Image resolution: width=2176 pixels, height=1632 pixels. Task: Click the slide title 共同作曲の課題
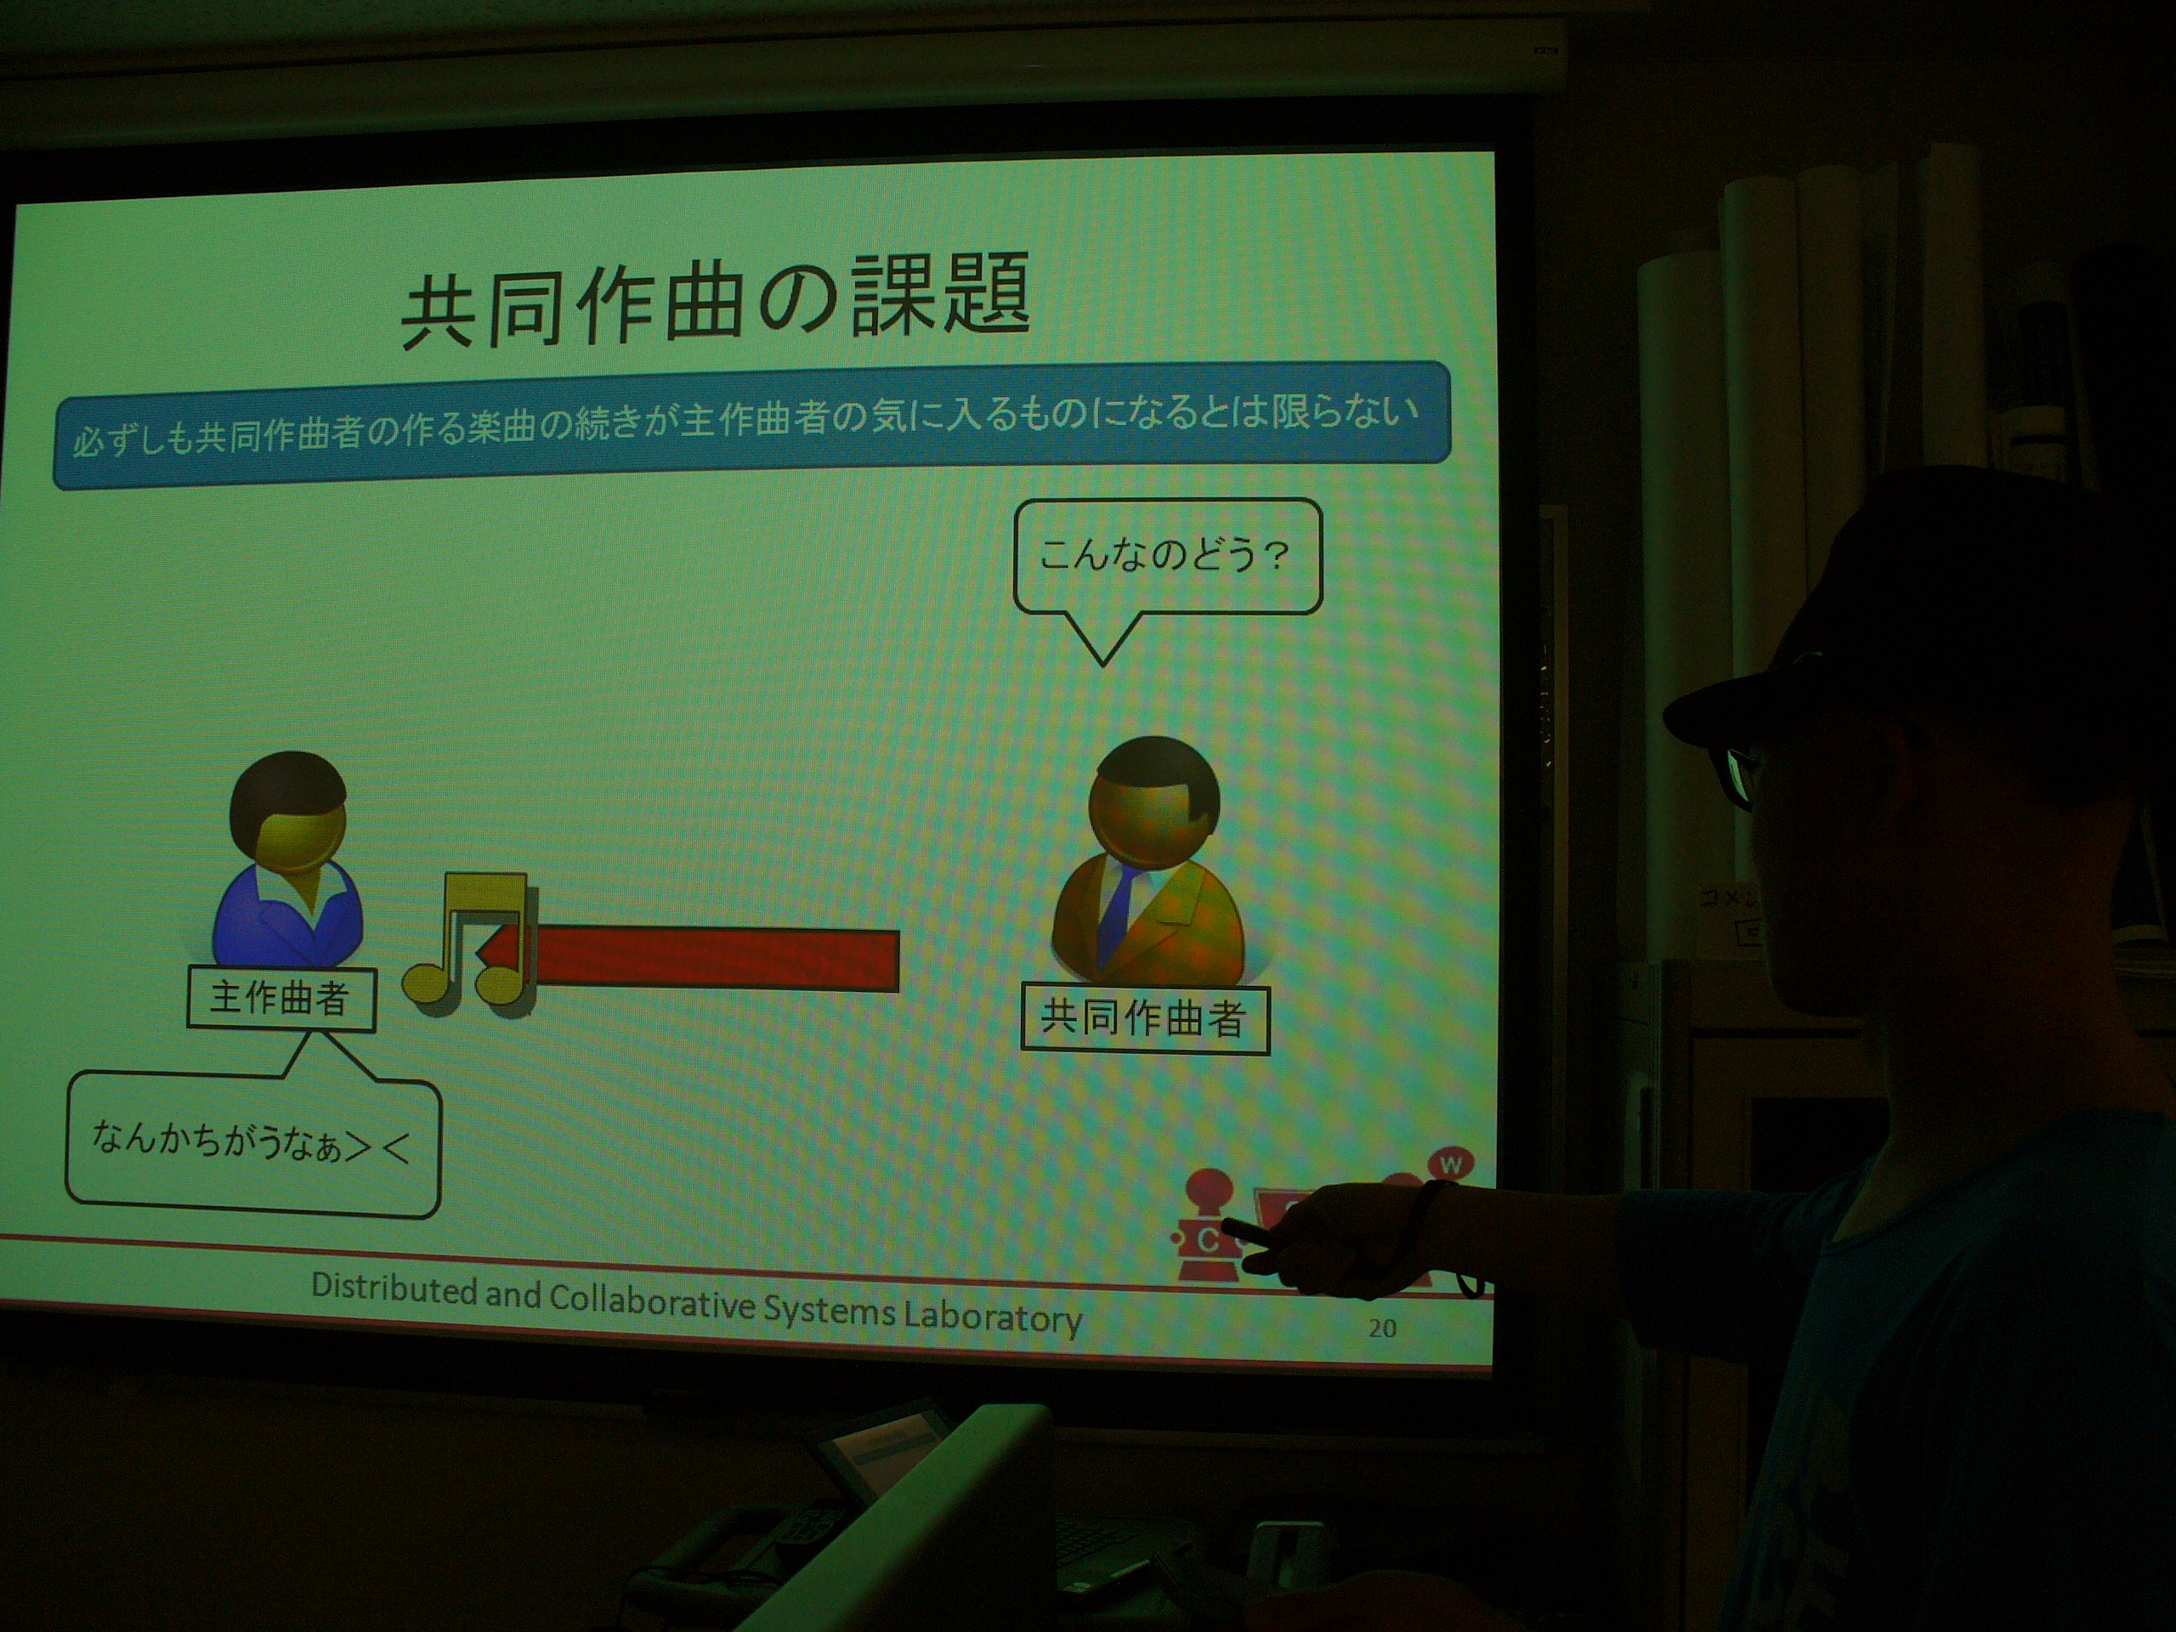coord(715,299)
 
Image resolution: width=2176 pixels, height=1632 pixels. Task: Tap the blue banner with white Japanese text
coord(751,425)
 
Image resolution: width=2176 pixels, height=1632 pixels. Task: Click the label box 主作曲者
coord(280,999)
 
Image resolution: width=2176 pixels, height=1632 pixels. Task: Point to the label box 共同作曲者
coord(1145,1018)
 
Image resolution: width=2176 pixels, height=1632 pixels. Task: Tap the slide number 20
coord(1382,1328)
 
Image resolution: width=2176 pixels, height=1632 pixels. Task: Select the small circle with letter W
coord(1451,1164)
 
